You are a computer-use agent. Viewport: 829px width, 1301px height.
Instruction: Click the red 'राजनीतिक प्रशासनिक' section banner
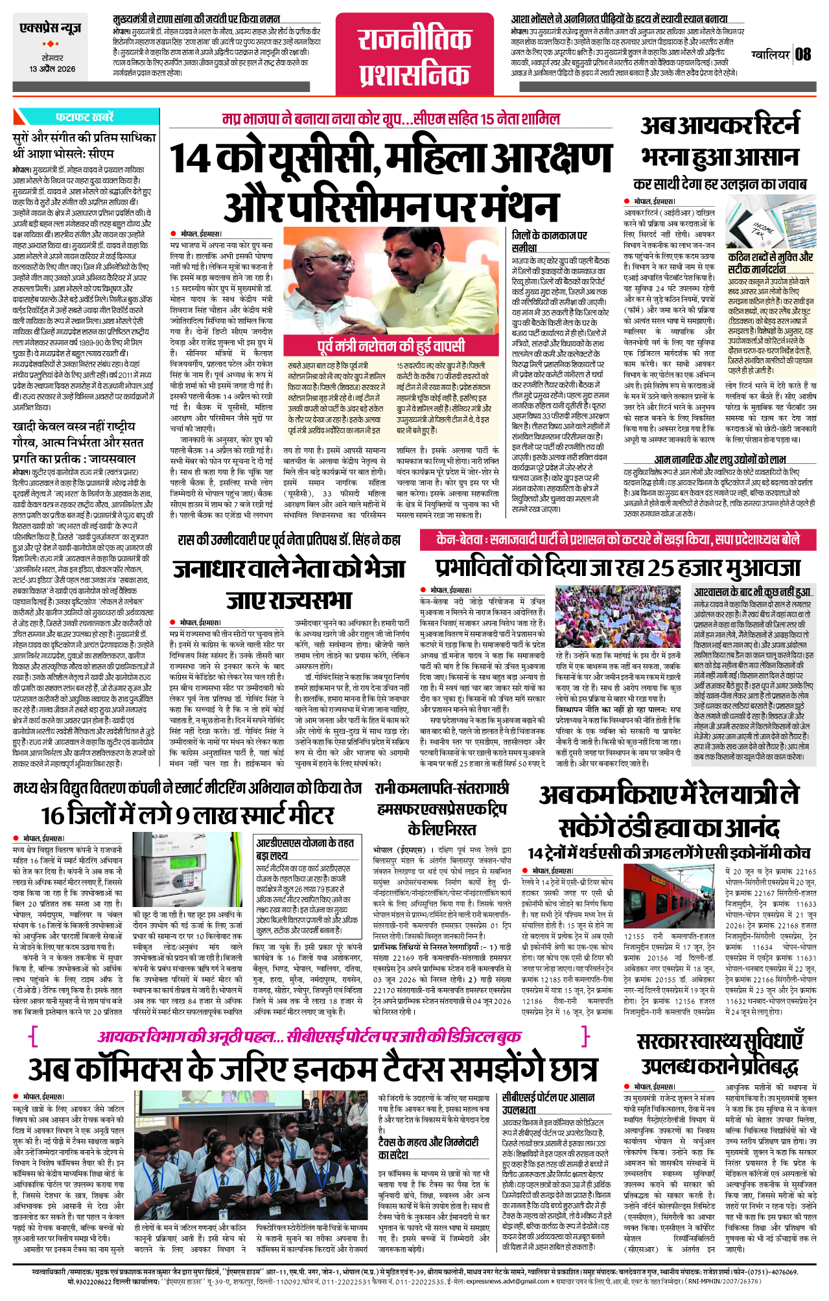pyautogui.click(x=414, y=57)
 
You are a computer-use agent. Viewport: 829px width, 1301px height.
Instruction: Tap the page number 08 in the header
pyautogui.click(x=803, y=54)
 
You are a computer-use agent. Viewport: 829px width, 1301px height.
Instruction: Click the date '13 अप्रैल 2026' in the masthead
pyautogui.click(x=52, y=69)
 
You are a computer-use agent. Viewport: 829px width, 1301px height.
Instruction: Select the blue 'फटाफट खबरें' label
pyautogui.click(x=85, y=117)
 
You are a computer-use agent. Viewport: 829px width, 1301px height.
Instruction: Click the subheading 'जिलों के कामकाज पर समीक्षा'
pyautogui.click(x=549, y=241)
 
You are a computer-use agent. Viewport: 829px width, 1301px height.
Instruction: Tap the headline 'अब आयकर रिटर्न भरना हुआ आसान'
pyautogui.click(x=719, y=141)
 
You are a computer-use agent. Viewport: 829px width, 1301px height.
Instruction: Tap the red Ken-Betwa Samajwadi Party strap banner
pyautogui.click(x=609, y=540)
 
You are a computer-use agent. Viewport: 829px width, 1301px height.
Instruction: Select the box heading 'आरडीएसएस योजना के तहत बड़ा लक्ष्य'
pyautogui.click(x=305, y=849)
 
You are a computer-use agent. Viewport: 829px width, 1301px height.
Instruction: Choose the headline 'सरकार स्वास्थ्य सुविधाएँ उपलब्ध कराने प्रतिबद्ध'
pyautogui.click(x=719, y=1052)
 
